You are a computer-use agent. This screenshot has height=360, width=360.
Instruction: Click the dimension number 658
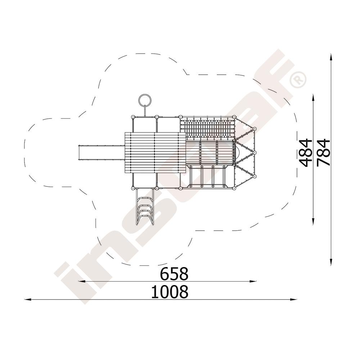coord(174,274)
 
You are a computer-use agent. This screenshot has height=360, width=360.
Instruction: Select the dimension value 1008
coord(170,292)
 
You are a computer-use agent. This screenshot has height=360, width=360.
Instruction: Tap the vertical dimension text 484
coord(306,152)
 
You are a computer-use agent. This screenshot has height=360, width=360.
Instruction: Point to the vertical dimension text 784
coord(323,152)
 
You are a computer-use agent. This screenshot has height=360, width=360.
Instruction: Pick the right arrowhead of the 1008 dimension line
coord(294,300)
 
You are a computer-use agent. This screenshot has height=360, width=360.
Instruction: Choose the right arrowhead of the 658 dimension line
coord(253,281)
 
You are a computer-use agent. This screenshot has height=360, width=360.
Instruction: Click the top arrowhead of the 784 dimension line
coord(331,57)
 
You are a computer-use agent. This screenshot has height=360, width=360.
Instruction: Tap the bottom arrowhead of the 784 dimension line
coord(331,262)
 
